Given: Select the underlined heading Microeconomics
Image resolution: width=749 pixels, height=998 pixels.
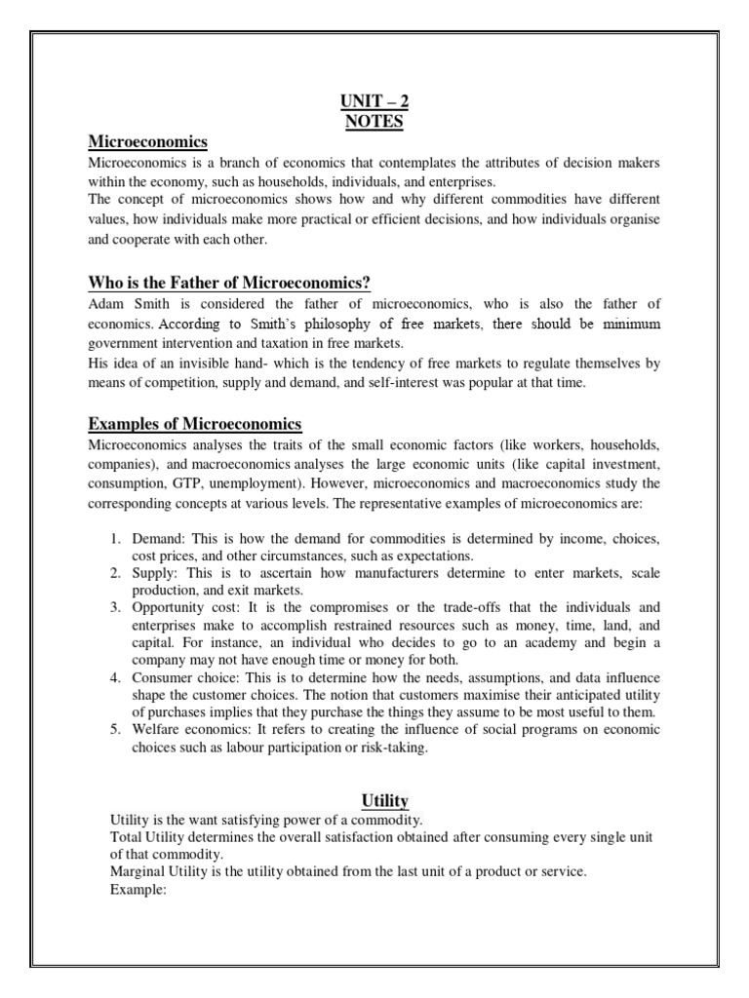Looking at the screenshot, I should tap(148, 143).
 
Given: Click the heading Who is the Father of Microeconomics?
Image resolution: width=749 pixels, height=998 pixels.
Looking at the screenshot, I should tap(229, 284).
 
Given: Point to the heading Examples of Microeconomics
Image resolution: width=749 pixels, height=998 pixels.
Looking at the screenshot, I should tap(195, 424).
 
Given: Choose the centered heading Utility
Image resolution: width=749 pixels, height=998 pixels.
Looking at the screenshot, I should tap(384, 800).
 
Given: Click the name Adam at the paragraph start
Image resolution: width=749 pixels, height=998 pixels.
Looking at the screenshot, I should tap(105, 305).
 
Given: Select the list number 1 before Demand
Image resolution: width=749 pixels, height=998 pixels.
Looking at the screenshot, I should tap(114, 539).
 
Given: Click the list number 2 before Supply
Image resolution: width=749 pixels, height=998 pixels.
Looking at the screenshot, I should tap(114, 574).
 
